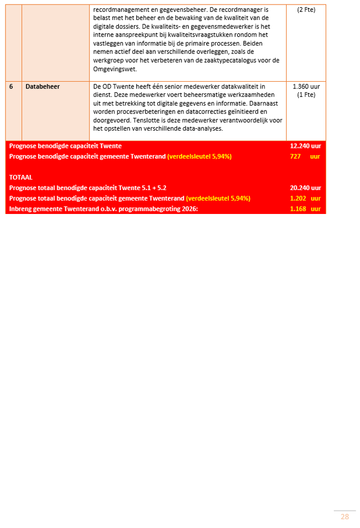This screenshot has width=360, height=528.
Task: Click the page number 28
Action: point(344,517)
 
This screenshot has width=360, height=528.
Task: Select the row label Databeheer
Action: point(43,87)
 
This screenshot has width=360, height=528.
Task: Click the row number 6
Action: point(11,87)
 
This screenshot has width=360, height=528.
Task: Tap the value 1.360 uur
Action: point(306,87)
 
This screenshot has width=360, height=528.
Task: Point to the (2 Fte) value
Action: point(306,10)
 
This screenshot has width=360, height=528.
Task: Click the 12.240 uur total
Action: point(305,146)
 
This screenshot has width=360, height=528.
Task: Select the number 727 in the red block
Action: point(295,157)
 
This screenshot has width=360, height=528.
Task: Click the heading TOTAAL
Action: point(21,177)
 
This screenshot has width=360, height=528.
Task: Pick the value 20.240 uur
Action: point(305,188)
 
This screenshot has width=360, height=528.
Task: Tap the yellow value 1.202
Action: point(298,198)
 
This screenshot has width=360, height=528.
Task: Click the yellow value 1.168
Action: point(298,209)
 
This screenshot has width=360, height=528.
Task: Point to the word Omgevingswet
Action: point(114,69)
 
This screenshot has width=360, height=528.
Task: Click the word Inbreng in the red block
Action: point(21,209)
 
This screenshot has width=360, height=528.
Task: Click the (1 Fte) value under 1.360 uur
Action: point(306,95)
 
